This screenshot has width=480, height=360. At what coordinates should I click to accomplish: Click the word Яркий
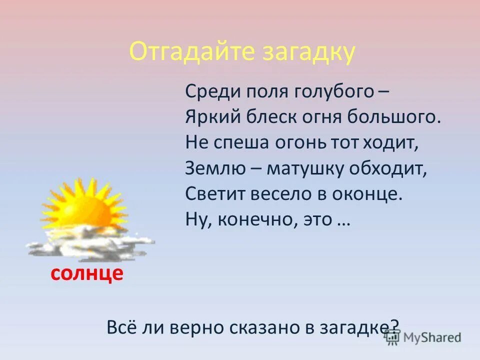tap(212, 118)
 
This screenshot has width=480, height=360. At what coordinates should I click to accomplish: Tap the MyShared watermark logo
tap(423, 337)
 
